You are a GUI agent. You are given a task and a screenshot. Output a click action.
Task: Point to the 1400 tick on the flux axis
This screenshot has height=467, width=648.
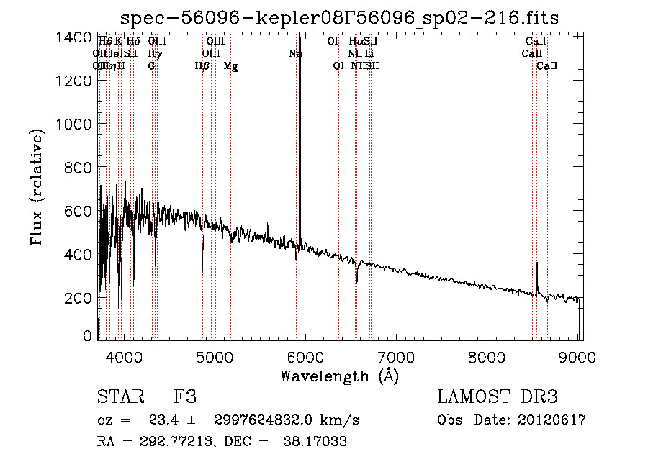click(x=76, y=37)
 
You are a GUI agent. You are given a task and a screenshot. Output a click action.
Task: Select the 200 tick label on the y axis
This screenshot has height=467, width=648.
click(x=79, y=297)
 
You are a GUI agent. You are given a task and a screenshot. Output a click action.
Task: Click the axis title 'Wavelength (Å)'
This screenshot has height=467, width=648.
click(x=339, y=376)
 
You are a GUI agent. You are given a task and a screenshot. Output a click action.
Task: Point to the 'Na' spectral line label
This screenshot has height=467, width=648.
click(x=295, y=53)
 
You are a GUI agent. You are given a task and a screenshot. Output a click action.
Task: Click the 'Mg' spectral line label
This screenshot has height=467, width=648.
click(x=230, y=66)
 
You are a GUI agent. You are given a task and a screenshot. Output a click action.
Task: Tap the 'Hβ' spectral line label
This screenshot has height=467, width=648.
click(x=202, y=66)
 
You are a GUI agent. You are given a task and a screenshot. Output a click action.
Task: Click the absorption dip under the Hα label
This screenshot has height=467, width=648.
click(x=356, y=278)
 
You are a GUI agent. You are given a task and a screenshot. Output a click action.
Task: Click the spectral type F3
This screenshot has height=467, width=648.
click(x=185, y=397)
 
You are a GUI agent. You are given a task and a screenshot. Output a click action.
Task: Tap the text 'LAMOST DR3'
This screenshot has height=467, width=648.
click(x=498, y=397)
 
